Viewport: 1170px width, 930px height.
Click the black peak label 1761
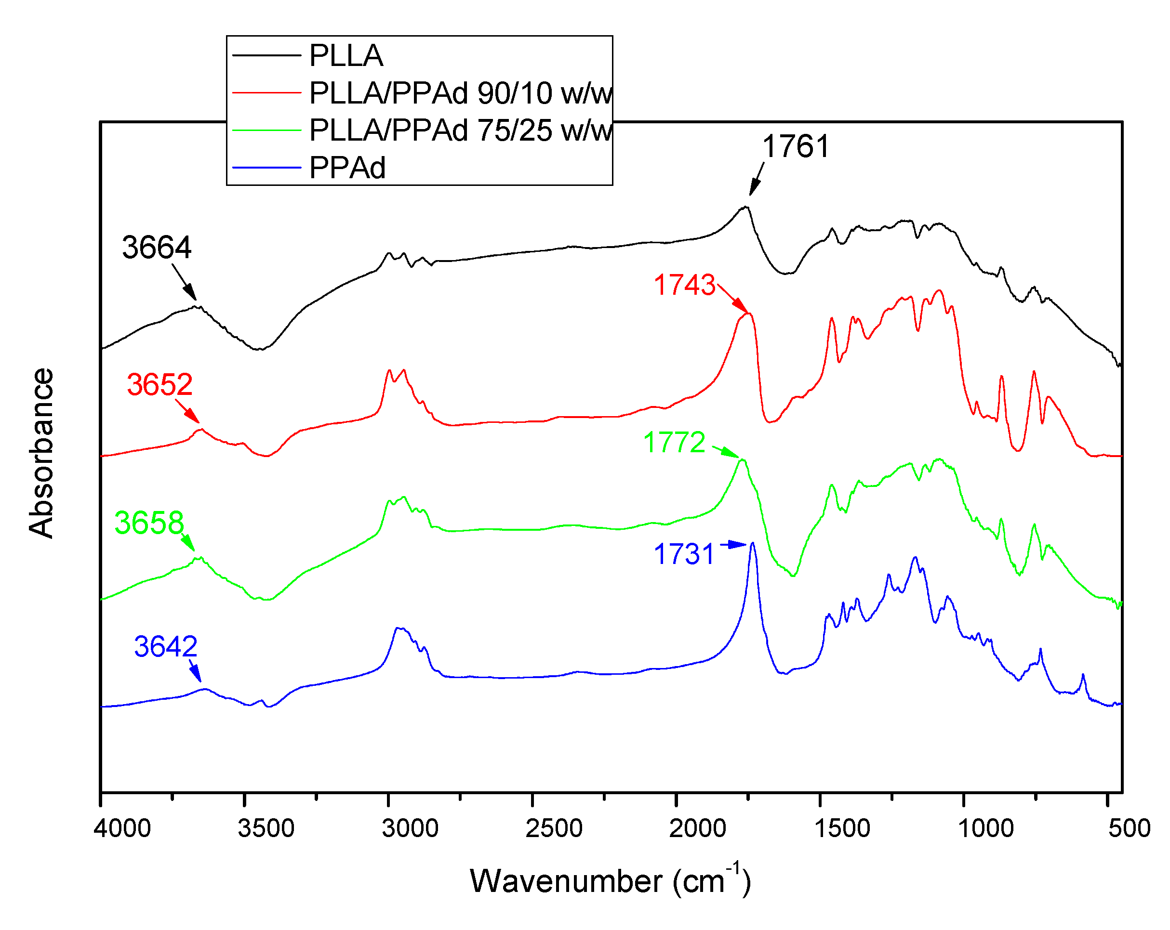coord(796,146)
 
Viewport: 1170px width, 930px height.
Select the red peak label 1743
coord(684,285)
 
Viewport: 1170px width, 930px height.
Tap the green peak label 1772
coord(674,443)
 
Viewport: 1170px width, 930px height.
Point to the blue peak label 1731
coord(684,554)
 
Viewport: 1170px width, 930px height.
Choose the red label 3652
coord(160,384)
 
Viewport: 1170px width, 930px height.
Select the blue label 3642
coord(165,646)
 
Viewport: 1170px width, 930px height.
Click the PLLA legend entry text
coord(346,56)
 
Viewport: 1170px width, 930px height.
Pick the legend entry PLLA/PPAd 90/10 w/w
coord(460,93)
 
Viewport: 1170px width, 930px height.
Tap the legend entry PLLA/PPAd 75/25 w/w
coord(460,131)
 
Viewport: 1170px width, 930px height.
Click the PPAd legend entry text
coord(347,168)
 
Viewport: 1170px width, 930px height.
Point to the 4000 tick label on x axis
coord(122,828)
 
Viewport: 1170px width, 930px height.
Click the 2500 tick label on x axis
coord(554,828)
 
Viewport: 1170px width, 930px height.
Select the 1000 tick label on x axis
coord(985,828)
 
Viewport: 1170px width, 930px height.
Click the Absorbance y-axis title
coord(41,453)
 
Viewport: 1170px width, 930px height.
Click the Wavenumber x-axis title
coord(610,881)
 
